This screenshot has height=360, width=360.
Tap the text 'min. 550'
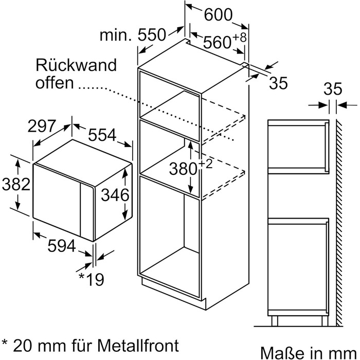click(x=133, y=35)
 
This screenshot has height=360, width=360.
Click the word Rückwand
click(x=77, y=65)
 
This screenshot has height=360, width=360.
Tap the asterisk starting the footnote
click(x=5, y=342)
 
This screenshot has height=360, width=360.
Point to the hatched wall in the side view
click(x=339, y=216)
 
